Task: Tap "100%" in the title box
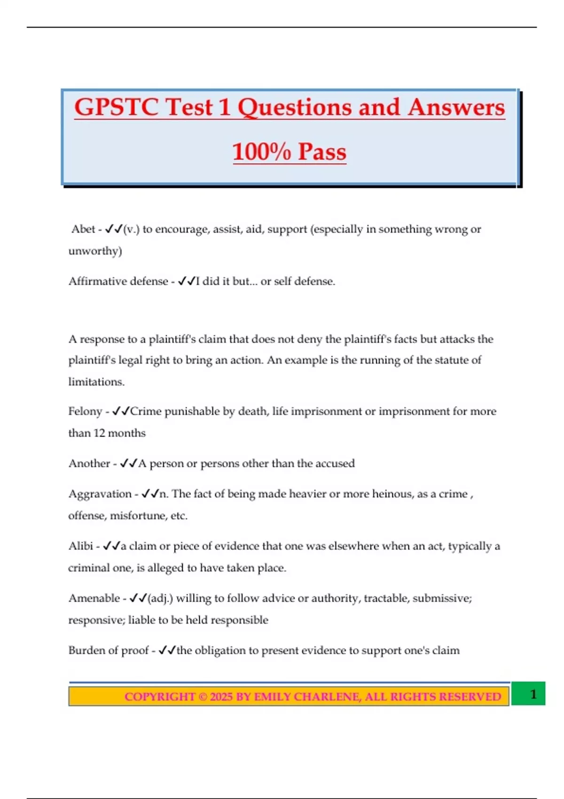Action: [261, 152]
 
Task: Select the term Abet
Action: [83, 229]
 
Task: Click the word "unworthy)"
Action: [95, 251]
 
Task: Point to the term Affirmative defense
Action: [118, 282]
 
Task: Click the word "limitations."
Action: [96, 382]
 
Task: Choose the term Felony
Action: [85, 412]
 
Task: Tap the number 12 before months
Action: [99, 433]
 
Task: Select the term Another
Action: [89, 464]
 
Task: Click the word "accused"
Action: [335, 464]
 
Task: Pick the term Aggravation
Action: [100, 494]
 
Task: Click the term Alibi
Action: [81, 546]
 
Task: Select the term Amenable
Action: [94, 598]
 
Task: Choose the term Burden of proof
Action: [109, 650]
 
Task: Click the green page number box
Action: [528, 694]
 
